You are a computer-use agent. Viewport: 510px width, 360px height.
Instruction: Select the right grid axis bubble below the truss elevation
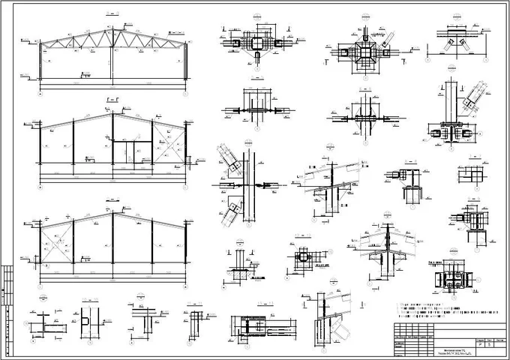pyautogui.click(x=186, y=96)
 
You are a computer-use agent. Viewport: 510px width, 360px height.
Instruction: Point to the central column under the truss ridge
pyautogui.click(x=112, y=64)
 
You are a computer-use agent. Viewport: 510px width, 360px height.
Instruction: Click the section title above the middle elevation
pyautogui.click(x=112, y=99)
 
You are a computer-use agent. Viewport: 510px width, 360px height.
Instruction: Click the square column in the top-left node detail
pyautogui.click(x=256, y=43)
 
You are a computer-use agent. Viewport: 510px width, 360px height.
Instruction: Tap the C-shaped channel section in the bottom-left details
pyautogui.click(x=85, y=324)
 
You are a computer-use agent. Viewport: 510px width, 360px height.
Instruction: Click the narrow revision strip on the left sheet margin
pyautogui.click(x=7, y=300)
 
